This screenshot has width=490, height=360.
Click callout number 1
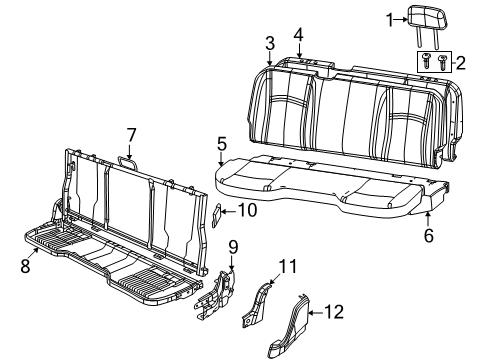(x=392, y=19)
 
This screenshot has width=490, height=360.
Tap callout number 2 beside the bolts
(x=461, y=62)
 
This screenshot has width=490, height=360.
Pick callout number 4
(x=298, y=35)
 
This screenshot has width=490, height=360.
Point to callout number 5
(x=222, y=145)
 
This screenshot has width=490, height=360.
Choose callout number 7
(x=131, y=135)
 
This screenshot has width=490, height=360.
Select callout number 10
(x=249, y=210)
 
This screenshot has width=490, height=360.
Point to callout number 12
(x=336, y=313)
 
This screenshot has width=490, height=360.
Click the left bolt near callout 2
(x=428, y=58)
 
